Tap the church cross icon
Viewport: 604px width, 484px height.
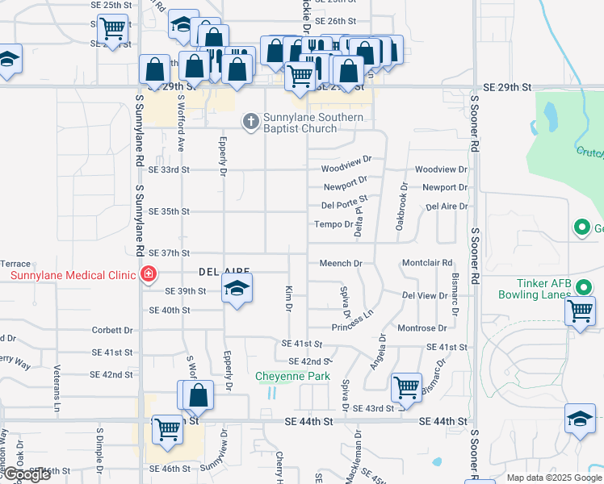pos(250,121)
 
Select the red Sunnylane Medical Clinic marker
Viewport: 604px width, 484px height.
pos(148,275)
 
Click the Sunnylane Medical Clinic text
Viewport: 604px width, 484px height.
pos(73,275)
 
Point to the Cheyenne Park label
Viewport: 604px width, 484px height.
pos(293,376)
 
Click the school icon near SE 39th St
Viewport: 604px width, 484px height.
pos(237,288)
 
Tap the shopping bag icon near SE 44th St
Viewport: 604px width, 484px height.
pos(198,395)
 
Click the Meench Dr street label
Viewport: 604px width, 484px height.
pos(341,263)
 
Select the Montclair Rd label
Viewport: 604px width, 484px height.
pos(427,263)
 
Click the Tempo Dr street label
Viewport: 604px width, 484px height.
pos(333,224)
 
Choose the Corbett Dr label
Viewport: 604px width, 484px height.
pos(112,330)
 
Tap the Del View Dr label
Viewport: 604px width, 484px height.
pos(424,295)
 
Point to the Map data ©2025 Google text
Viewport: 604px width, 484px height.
pos(554,478)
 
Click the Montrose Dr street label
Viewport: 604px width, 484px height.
pos(422,328)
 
